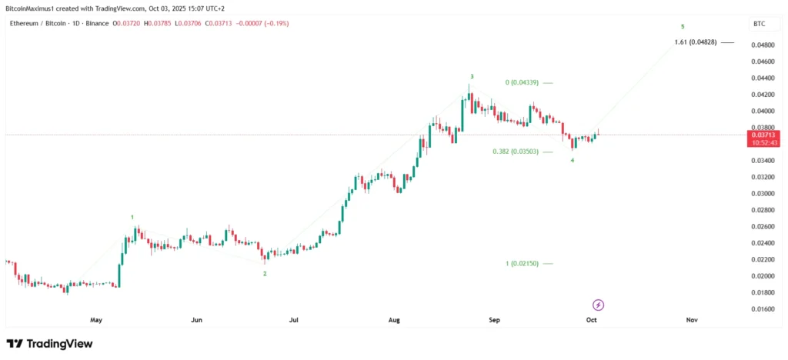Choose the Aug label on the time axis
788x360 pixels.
(x=395, y=319)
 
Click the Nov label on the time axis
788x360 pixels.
(x=691, y=319)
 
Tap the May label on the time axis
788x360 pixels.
(x=96, y=319)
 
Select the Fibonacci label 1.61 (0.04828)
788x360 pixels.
(x=695, y=42)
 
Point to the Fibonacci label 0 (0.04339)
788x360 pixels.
(x=521, y=82)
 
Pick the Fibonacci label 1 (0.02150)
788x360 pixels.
(x=523, y=264)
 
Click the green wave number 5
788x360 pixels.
(x=683, y=26)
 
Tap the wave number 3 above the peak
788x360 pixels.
(x=472, y=77)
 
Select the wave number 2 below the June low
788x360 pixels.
(x=265, y=273)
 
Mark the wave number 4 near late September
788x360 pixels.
(x=572, y=160)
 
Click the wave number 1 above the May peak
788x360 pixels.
(x=132, y=218)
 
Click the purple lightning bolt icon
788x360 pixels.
(x=598, y=305)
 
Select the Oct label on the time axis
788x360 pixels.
(x=591, y=319)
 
